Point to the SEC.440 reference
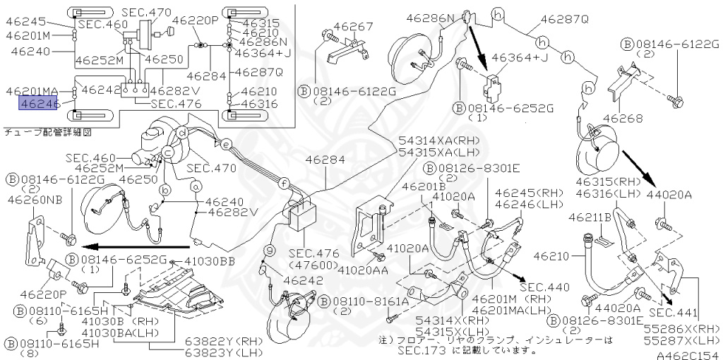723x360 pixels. [x=543, y=287]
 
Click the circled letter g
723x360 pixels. [x=269, y=250]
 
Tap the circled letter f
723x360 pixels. [x=282, y=182]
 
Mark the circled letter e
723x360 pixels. [x=226, y=145]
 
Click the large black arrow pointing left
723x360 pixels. [x=134, y=247]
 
